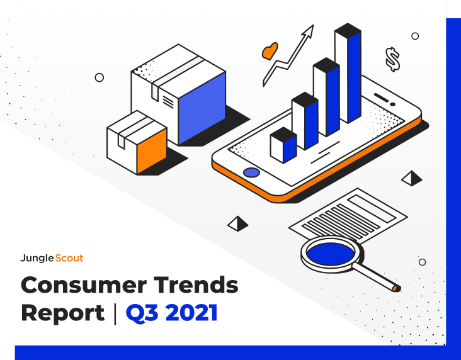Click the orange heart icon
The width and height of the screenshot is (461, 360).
coord(270,52)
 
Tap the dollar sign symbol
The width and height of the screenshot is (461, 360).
coord(393,59)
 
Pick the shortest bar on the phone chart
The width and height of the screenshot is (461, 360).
coord(283,145)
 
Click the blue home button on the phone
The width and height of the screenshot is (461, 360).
coord(251,172)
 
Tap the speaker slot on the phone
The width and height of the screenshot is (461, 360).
coord(381,98)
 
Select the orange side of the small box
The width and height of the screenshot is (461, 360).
coord(152,151)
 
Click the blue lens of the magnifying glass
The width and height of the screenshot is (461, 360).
coord(331,254)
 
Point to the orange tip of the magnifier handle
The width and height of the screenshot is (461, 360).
coord(395,289)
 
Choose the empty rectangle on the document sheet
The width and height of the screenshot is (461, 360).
coord(372,209)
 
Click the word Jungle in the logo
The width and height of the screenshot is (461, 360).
coord(37,258)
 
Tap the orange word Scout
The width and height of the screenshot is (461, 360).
coord(69,258)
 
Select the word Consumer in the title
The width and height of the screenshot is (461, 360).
coord(84,284)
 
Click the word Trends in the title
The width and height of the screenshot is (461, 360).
coord(196,284)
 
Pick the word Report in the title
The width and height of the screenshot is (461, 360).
coord(63,314)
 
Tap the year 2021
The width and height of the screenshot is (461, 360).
coord(191,313)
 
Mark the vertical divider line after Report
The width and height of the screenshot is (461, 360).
coord(115,314)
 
